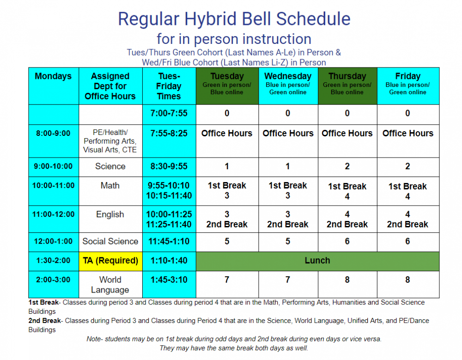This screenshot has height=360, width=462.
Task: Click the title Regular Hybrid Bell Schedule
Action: click(234, 19)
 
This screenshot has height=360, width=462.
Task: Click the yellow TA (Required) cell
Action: click(110, 261)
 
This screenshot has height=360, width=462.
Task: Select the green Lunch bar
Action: click(317, 261)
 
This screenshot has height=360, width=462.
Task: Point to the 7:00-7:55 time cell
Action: click(169, 113)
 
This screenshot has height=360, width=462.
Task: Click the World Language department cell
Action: click(110, 285)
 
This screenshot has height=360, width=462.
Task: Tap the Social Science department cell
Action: click(110, 241)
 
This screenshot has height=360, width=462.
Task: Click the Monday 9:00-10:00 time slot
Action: click(53, 166)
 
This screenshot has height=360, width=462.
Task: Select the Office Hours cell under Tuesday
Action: click(227, 134)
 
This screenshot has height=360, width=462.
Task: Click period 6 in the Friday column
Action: click(407, 241)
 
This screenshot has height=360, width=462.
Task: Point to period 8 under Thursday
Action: click(347, 280)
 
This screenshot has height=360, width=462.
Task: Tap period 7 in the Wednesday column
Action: click(288, 280)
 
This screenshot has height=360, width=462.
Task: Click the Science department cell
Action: click(110, 166)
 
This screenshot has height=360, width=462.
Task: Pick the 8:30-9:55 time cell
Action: click(169, 166)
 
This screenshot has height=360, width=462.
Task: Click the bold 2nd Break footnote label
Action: click(43, 321)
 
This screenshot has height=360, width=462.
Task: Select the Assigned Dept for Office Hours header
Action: click(110, 86)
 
